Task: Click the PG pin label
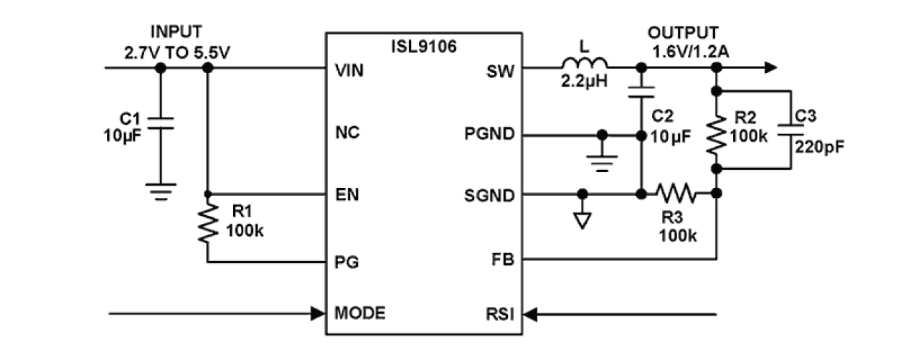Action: click(x=346, y=262)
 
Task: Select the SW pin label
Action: click(x=501, y=72)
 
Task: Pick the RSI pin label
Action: click(x=501, y=313)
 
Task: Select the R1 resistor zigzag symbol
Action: click(x=208, y=223)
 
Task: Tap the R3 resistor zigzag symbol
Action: click(x=675, y=194)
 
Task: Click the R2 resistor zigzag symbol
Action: click(x=716, y=132)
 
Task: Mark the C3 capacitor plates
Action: click(x=791, y=130)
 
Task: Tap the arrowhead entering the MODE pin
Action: click(x=316, y=313)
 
